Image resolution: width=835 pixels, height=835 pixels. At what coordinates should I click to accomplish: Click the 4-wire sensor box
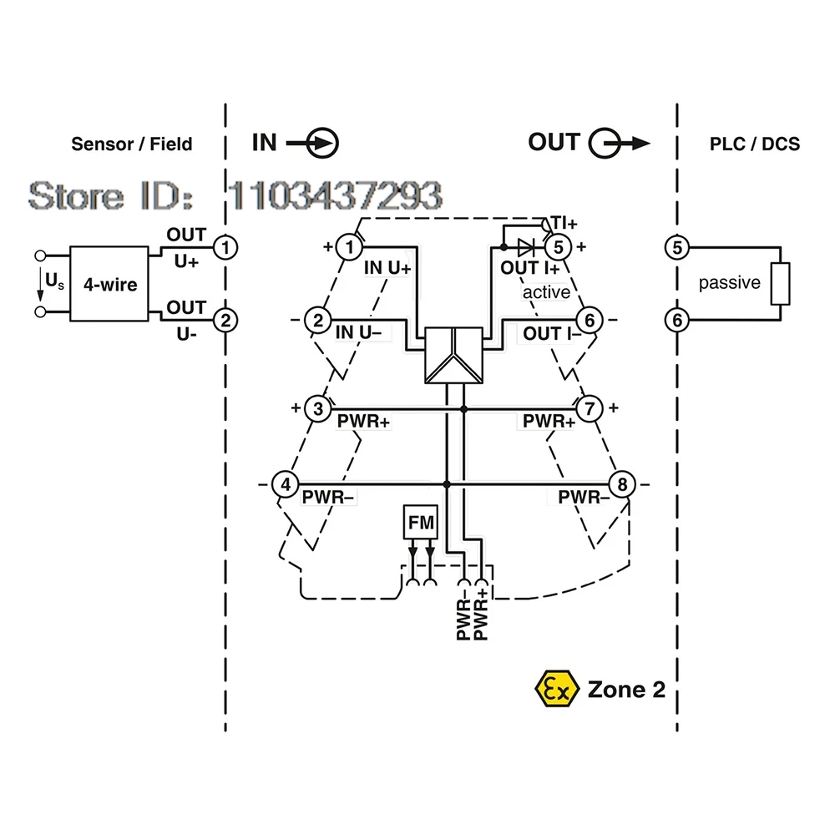(109, 284)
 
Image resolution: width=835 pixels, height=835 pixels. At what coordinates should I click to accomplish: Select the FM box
(420, 523)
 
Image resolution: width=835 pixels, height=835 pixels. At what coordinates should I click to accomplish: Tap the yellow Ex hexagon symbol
(556, 689)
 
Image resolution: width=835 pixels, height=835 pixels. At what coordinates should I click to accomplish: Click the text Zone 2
(627, 690)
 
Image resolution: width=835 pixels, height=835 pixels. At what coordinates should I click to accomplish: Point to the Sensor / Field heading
(131, 144)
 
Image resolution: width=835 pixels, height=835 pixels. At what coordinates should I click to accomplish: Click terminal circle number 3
(317, 408)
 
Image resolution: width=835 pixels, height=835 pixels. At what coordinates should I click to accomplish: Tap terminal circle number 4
(286, 484)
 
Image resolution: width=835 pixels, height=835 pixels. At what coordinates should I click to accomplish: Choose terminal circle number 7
(590, 408)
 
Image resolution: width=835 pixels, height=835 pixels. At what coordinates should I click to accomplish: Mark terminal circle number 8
(621, 484)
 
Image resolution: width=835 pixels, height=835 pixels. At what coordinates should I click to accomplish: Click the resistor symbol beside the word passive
(781, 283)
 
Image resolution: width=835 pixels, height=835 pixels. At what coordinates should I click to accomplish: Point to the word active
(546, 292)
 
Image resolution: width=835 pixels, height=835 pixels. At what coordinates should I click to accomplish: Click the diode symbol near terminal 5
(526, 246)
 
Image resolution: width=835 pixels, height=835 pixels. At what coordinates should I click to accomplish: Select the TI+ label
(563, 223)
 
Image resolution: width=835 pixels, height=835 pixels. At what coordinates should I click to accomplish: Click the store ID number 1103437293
(335, 195)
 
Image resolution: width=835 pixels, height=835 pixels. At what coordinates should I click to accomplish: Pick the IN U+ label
(387, 268)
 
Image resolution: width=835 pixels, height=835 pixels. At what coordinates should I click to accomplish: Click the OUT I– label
(547, 333)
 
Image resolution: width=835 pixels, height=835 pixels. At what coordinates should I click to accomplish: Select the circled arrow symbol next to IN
(324, 144)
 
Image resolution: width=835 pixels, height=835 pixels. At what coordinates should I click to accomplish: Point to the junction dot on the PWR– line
(447, 484)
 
